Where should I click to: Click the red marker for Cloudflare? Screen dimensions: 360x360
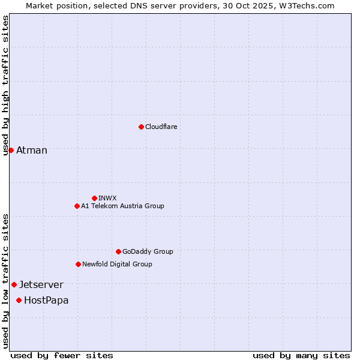[141, 127]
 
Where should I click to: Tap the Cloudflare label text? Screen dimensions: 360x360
[161, 127]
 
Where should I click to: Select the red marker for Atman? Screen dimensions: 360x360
[11, 150]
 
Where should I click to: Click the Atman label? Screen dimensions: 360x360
[32, 151]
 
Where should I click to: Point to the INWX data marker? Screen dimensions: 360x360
[94, 198]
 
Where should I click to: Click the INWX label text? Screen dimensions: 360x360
[108, 198]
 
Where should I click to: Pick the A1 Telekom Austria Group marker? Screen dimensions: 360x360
[77, 206]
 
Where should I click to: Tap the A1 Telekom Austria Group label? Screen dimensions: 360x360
[122, 206]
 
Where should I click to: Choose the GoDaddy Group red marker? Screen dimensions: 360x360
[118, 251]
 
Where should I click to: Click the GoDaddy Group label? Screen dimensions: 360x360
[148, 251]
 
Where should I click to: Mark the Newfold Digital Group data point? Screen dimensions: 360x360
[78, 264]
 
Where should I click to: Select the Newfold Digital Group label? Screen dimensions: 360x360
[117, 264]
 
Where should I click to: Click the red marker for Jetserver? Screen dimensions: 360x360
[14, 284]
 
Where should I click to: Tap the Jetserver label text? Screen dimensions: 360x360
[41, 285]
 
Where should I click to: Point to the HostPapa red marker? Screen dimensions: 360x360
[19, 300]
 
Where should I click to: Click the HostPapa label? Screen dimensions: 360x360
[46, 301]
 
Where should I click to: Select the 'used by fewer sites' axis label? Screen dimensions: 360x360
[62, 355]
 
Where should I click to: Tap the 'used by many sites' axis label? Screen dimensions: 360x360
[301, 355]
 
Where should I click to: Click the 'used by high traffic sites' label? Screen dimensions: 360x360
[5, 85]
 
